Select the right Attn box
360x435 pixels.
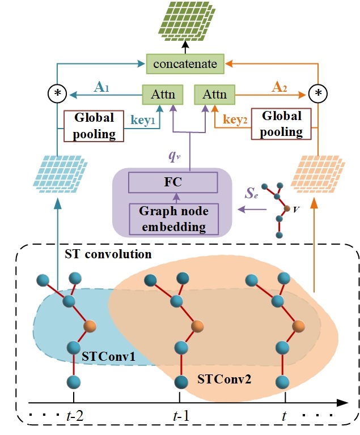point(210,93)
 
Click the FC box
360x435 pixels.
point(173,183)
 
